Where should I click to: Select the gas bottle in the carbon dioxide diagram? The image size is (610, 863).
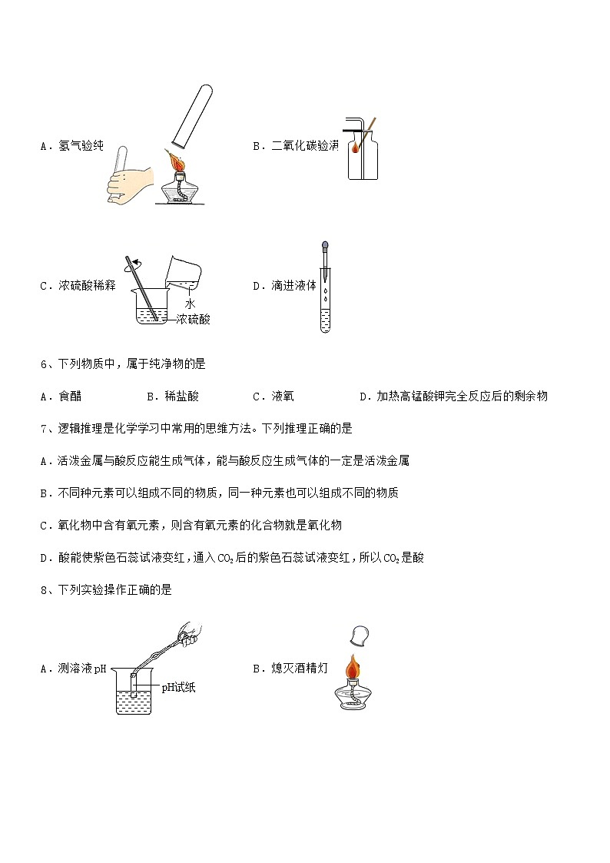[363, 154]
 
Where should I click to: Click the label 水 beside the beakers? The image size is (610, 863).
[190, 304]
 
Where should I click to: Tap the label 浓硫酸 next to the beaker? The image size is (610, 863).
[193, 319]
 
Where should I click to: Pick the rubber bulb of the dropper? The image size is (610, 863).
[325, 244]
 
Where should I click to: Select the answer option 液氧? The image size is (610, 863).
[283, 397]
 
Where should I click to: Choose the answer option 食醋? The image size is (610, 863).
[70, 397]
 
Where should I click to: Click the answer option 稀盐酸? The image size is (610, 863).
[181, 397]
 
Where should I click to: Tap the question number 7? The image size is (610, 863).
[44, 429]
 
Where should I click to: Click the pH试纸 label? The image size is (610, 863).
[178, 688]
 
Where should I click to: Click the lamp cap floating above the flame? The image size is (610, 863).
[360, 636]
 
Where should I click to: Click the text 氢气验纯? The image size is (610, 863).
[81, 146]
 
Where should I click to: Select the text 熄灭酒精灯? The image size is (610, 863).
[299, 669]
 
